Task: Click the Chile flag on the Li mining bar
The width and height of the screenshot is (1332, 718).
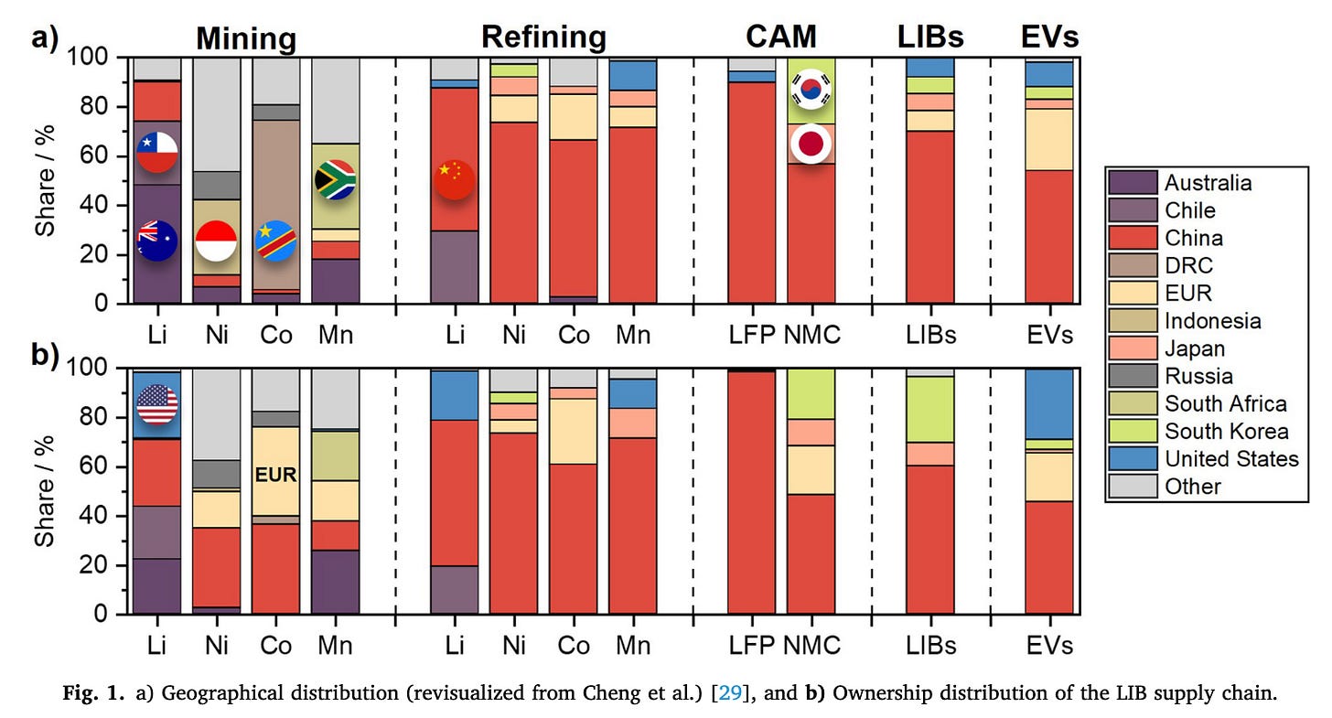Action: point(156,153)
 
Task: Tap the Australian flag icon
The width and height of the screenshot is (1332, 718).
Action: point(156,241)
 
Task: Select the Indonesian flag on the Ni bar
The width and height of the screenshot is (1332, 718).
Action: point(217,241)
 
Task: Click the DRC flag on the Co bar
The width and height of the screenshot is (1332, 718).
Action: point(275,241)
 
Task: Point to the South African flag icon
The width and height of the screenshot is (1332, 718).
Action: point(335,179)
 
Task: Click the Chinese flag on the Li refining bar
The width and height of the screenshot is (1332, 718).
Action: point(455,179)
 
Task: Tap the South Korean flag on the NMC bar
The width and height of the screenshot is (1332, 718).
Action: point(811,91)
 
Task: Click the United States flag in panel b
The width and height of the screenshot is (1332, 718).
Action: point(156,404)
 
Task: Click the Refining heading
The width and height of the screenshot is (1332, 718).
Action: point(543,37)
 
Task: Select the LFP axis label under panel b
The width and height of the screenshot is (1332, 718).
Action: point(752,646)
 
